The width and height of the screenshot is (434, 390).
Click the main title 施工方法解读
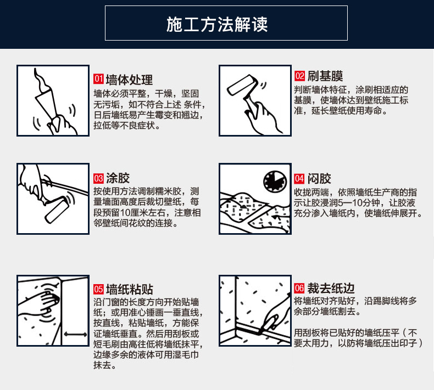[216, 24]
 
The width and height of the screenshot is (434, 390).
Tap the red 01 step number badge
[98, 79]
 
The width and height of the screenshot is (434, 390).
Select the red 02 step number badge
[299, 76]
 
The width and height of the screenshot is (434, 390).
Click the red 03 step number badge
[98, 178]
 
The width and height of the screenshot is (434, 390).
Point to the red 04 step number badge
[299, 178]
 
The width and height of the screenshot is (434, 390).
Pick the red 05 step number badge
[98, 289]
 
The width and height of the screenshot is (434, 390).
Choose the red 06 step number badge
[299, 288]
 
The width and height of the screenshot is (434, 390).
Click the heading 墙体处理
[129, 80]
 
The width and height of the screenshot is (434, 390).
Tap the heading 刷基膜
[325, 76]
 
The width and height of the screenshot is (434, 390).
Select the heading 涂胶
[118, 178]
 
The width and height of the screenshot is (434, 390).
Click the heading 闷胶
[319, 179]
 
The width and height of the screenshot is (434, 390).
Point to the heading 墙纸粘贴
[130, 290]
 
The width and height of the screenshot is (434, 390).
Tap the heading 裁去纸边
[331, 288]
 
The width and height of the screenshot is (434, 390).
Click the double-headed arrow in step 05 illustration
[75, 334]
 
